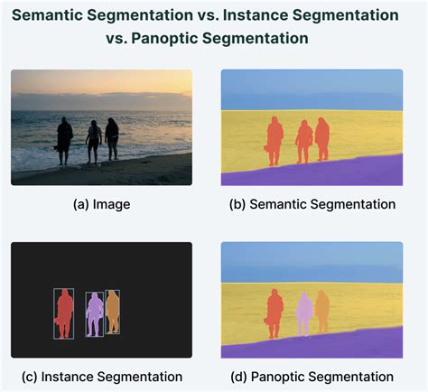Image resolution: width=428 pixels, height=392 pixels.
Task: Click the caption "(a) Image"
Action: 101,204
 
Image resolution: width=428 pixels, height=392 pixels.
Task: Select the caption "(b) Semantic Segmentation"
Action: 312,204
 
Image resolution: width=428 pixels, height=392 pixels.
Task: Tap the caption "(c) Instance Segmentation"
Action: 101,376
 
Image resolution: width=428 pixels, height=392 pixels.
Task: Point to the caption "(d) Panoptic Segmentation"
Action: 312,376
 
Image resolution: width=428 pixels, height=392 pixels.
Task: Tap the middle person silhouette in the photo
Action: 92,140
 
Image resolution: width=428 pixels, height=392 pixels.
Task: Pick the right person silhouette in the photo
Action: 112,137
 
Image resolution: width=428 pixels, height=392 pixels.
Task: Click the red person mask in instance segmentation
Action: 64,312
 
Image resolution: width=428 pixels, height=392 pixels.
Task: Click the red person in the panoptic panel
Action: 274,312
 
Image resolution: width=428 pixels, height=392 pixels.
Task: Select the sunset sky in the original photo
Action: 101,86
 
